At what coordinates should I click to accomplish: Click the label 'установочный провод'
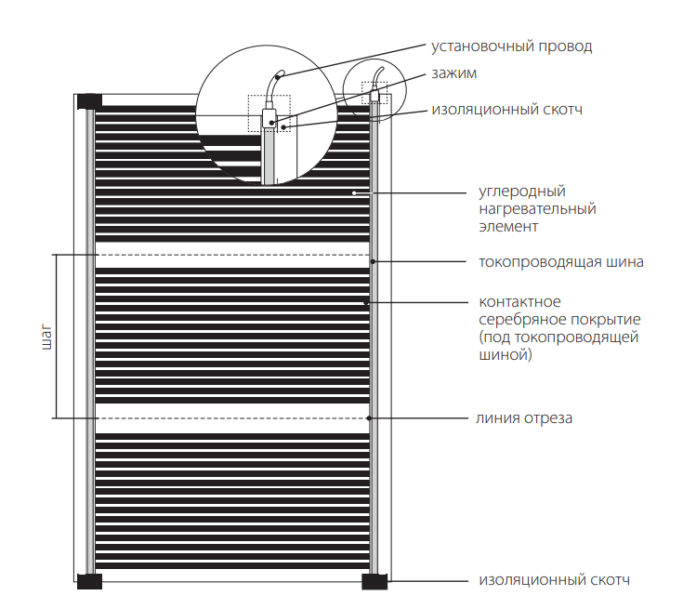pos(511,46)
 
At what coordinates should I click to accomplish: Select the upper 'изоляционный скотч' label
pos(506,109)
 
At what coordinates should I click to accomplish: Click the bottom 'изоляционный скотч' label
pos(555,580)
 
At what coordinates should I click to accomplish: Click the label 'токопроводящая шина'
pos(560,261)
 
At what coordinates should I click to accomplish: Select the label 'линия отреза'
pos(525,417)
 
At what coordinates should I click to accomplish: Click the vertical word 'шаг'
pos(46,337)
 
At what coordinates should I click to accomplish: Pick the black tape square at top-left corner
pos(89,100)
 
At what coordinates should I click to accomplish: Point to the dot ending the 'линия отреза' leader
pos(373,418)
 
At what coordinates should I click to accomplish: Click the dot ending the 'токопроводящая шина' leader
pos(373,262)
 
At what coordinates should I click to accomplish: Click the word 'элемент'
pos(508,226)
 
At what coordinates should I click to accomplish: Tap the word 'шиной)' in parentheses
pos(506,354)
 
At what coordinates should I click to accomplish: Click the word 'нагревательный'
pos(537,209)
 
